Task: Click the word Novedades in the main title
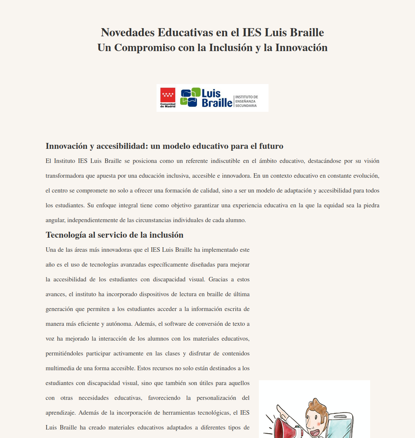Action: click(x=127, y=33)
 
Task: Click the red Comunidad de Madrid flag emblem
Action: click(x=168, y=95)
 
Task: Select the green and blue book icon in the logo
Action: click(x=190, y=97)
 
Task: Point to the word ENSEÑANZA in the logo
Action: click(x=245, y=101)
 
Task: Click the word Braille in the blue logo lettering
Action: click(x=217, y=103)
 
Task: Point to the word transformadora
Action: click(x=65, y=176)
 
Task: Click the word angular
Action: click(x=55, y=220)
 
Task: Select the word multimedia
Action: click(x=59, y=368)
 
